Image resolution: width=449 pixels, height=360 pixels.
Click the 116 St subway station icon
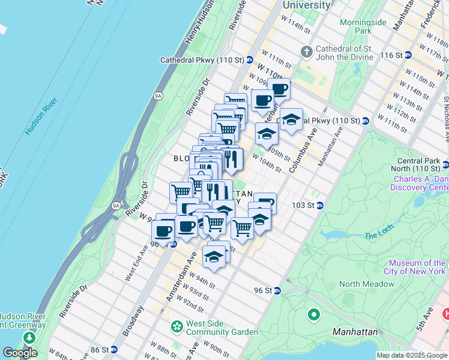tap(408, 55)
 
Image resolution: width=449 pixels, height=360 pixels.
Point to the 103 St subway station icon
tap(320, 205)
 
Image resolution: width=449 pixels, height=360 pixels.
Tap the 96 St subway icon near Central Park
tap(277, 291)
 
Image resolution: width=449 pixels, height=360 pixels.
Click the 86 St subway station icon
tap(113, 349)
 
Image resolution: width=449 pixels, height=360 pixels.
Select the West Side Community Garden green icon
tap(176, 327)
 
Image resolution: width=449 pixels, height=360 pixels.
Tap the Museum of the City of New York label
tap(417, 267)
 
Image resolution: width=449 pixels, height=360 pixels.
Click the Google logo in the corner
tap(20, 353)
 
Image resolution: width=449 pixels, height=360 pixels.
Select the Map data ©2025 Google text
tap(412, 355)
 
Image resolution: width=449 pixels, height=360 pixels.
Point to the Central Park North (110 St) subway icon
tap(445, 164)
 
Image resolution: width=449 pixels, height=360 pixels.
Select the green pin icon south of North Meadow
tap(313, 314)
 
